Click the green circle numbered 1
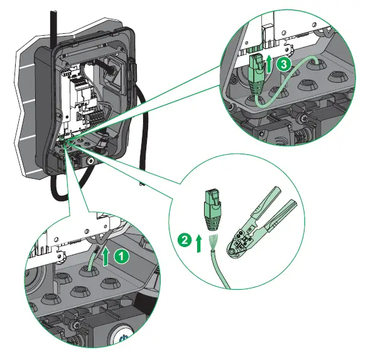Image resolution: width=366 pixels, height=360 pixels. pyautogui.click(x=124, y=256)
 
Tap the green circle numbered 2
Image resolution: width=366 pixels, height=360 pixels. pyautogui.click(x=183, y=239)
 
